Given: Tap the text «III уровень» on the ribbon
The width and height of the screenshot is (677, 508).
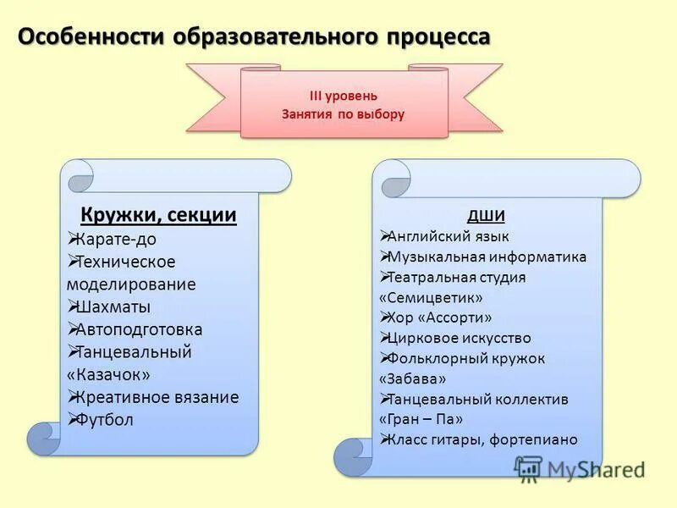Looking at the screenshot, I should pyautogui.click(x=343, y=96).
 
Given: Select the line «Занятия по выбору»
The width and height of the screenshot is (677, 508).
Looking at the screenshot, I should pyautogui.click(x=343, y=113).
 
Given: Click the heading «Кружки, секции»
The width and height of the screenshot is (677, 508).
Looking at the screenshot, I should pyautogui.click(x=159, y=215).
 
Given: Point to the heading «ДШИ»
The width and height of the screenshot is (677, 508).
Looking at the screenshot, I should pyautogui.click(x=486, y=214).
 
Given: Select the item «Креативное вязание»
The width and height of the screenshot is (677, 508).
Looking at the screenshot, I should pyautogui.click(x=156, y=397).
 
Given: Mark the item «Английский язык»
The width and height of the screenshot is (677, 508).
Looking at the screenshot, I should pyautogui.click(x=448, y=236).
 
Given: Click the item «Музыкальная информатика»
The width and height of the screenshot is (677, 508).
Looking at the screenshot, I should pyautogui.click(x=486, y=257).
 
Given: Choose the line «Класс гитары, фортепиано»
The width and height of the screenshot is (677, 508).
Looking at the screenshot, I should pyautogui.click(x=482, y=439).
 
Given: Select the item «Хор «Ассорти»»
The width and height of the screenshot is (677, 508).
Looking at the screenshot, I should pyautogui.click(x=439, y=317).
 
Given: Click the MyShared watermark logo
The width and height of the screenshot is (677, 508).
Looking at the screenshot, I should pyautogui.click(x=580, y=468).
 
